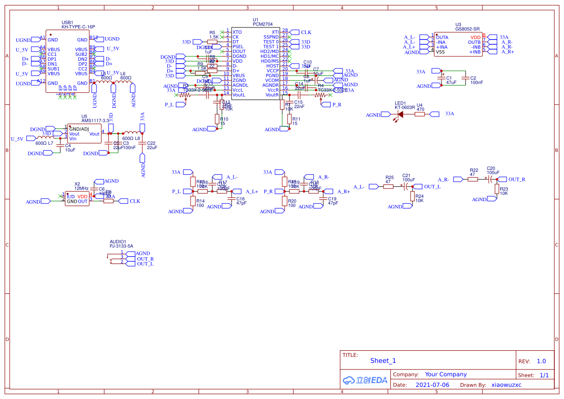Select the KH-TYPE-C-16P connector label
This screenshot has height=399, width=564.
[x=78, y=27]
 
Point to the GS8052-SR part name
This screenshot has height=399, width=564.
[x=468, y=28]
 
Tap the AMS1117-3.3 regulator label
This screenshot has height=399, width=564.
[x=95, y=120]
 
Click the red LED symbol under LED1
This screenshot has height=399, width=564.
[x=400, y=115]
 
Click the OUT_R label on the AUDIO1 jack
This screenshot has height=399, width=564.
[x=145, y=259]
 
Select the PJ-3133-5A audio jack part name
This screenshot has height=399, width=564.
[x=121, y=246]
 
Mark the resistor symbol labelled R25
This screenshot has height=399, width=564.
[x=388, y=186]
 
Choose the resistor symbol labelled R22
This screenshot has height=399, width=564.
[x=473, y=179]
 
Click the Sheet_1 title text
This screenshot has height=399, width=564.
[x=383, y=360]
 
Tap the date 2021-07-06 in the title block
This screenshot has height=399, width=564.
[x=432, y=385]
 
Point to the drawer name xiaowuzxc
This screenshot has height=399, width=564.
[x=506, y=385]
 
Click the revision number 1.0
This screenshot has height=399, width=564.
[x=541, y=361]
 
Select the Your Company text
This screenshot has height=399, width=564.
[x=446, y=374]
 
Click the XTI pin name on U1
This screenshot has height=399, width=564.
[x=275, y=32]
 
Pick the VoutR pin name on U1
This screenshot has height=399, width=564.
[x=272, y=95]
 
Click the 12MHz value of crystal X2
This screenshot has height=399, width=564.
[x=81, y=188]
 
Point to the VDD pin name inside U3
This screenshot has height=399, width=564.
[x=476, y=37]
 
